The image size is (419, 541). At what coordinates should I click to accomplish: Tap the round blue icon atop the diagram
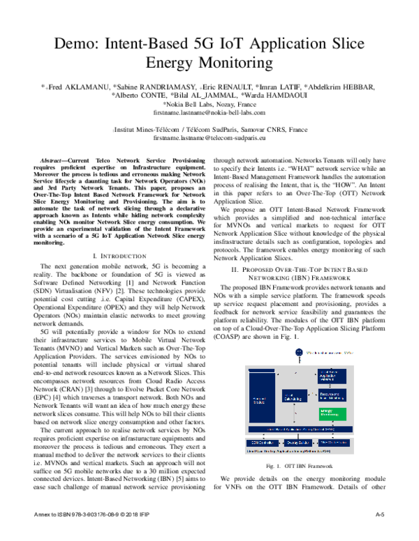click(x=300, y=353)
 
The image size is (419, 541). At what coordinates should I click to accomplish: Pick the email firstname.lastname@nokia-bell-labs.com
click(x=209, y=112)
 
